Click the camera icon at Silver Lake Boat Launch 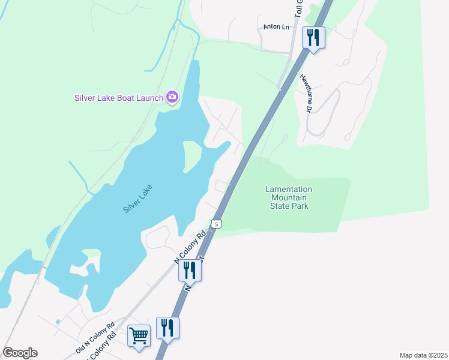click(172, 97)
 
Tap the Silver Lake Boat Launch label click(119, 97)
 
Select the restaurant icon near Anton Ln click(313, 38)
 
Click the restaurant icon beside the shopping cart click(168, 328)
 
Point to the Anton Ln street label click(276, 27)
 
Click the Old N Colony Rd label click(95, 339)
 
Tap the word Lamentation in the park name click(289, 189)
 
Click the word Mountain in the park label click(289, 197)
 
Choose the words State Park click(289, 206)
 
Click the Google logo click(20, 353)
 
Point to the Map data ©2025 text click(423, 355)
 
